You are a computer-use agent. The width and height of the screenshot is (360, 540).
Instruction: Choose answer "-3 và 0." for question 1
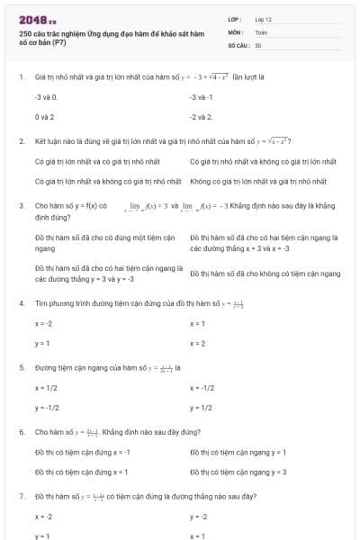pyautogui.click(x=46, y=96)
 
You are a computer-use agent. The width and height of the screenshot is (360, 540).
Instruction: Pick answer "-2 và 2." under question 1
pyautogui.click(x=201, y=117)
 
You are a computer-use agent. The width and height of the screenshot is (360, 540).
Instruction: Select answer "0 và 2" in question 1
pyautogui.click(x=44, y=117)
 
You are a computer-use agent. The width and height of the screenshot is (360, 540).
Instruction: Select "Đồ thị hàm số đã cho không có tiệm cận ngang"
pyautogui.click(x=265, y=274)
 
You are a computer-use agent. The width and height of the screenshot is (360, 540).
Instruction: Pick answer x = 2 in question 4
pyautogui.click(x=198, y=343)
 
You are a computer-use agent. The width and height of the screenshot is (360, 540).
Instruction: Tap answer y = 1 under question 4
pyautogui.click(x=41, y=343)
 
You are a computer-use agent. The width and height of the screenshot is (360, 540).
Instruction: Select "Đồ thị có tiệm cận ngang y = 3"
pyautogui.click(x=238, y=472)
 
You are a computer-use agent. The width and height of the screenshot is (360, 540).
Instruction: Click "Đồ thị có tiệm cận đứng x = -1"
pyautogui.click(x=82, y=452)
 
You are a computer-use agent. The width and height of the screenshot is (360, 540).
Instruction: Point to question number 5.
pyautogui.click(x=22, y=367)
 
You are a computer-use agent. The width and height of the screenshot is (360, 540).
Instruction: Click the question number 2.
pyautogui.click(x=22, y=141)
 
